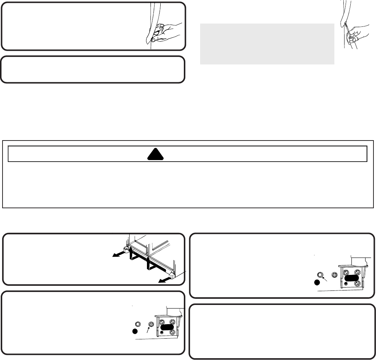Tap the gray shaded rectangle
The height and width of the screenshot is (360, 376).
tap(267, 44)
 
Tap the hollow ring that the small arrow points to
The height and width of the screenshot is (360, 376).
tap(320, 275)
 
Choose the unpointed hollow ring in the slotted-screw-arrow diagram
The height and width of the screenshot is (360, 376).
tap(137, 324)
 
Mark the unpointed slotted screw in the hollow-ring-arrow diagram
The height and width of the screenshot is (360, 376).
tap(335, 275)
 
